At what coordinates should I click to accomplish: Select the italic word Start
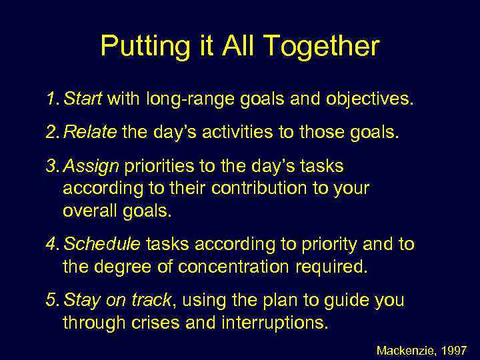point(83,100)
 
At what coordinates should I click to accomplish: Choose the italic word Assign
point(90,165)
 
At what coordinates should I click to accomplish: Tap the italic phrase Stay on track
point(117,300)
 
